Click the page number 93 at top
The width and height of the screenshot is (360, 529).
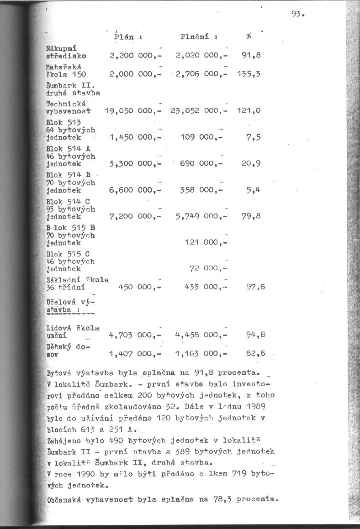[297, 14]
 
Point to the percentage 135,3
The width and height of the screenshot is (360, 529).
[249, 74]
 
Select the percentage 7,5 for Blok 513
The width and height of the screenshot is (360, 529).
[253, 137]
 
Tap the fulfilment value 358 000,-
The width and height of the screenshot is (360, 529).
[201, 190]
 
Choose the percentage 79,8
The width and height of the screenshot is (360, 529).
[251, 216]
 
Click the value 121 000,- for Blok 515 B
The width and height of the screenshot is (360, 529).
[206, 243]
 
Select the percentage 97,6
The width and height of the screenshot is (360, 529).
[255, 287]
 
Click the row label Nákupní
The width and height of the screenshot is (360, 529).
[61, 48]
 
